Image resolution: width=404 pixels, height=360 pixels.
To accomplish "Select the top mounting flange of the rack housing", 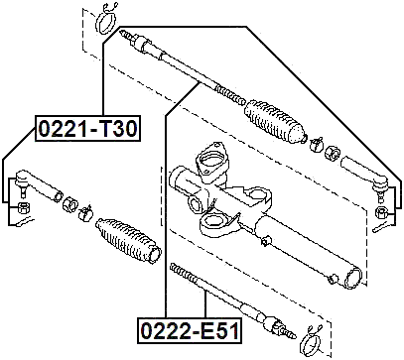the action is [210, 159].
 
